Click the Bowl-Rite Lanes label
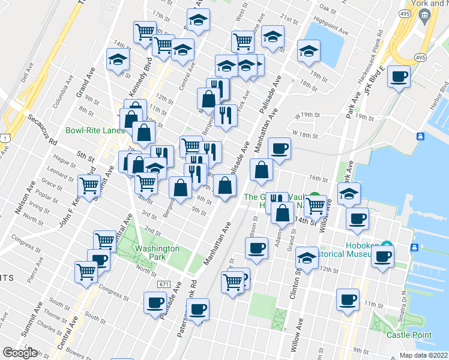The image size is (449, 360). pyautogui.click(x=92, y=130)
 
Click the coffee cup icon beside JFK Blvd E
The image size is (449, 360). pyautogui.click(x=399, y=77)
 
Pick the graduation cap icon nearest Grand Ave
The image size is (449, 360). pyautogui.click(x=118, y=59)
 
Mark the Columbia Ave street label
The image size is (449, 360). pyautogui.click(x=63, y=95)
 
